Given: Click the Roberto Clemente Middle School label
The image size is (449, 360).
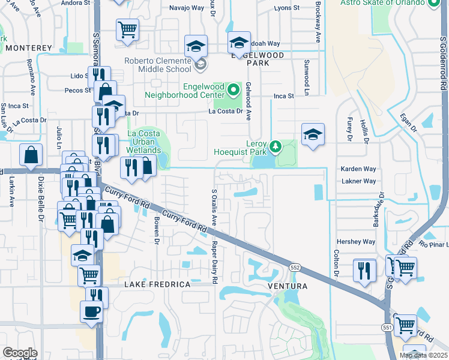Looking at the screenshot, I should [158, 64].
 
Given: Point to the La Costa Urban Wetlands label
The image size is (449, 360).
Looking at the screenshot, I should [143, 142].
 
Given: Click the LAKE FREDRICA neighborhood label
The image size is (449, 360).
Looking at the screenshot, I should [157, 284].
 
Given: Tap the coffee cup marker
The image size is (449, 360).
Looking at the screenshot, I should [92, 312].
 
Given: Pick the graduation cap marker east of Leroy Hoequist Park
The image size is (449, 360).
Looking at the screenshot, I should [313, 134].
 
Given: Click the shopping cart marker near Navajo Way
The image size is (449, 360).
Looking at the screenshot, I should [127, 28].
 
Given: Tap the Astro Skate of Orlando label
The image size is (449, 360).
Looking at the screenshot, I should [383, 2].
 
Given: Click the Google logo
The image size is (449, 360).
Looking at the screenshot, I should [20, 353].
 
